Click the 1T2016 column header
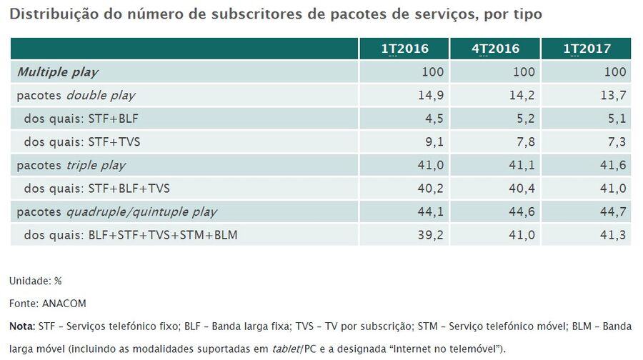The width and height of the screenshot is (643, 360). pos(404,49)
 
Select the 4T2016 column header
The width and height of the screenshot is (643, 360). pos(495,49)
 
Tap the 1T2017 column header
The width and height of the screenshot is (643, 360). pos(587,49)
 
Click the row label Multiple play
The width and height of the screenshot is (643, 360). pos(57,72)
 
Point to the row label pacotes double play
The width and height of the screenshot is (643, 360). pos(76,95)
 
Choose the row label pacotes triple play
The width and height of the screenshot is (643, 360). pos(71,165)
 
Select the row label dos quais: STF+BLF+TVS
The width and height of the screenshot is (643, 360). pos(96,188)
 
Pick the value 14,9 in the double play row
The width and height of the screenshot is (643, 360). pos(432,95)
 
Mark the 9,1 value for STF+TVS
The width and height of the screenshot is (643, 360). pos(435,141)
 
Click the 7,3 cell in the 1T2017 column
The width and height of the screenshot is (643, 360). pos(617,141)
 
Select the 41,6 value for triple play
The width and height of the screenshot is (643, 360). pos(614,165)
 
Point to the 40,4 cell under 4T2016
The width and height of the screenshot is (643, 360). pos(523,188)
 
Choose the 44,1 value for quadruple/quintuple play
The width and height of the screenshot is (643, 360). pos(432,211)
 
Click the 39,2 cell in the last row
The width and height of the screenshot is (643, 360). pos(432,234)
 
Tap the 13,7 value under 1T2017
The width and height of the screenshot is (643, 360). pos(614,95)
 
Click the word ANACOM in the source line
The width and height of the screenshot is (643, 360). pos(64,304)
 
